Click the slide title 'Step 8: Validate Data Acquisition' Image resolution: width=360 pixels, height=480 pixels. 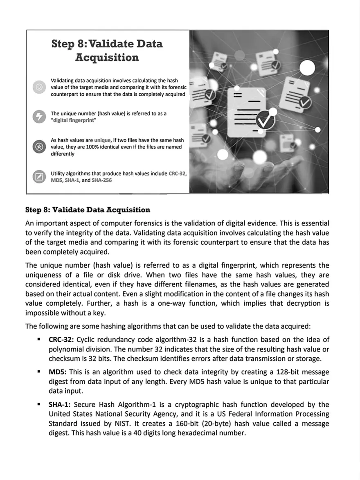pos(107,50)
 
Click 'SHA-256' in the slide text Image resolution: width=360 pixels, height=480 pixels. pos(101,180)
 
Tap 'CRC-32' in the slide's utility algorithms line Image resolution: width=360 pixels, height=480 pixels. pos(177,174)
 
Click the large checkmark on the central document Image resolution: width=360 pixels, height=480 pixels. pos(265,119)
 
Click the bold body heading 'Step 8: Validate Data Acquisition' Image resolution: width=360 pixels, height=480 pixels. pos(88,210)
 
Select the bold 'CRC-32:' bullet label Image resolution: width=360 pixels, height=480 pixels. pos(61,340)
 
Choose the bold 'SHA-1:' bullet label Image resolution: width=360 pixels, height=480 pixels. pos(60,405)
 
